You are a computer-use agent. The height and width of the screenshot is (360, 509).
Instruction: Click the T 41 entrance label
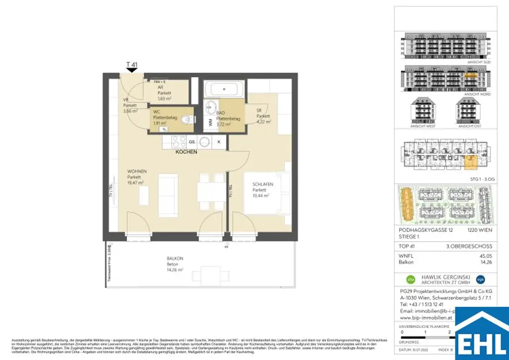pos(132,65)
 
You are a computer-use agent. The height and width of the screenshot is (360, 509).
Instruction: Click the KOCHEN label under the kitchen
pos(186,152)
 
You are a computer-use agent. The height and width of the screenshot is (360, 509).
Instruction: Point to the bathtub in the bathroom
pos(224,90)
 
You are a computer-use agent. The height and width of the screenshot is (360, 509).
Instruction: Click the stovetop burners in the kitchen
pos(177,142)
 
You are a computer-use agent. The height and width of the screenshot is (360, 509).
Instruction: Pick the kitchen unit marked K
pos(219,142)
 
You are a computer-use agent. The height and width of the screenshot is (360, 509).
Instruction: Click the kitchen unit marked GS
pos(191,142)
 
